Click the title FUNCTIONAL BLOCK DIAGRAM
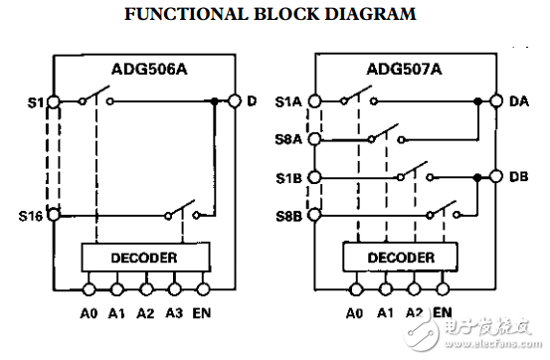tap(269, 14)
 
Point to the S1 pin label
tap(35, 100)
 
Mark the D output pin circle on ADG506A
tap(236, 100)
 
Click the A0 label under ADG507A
tap(355, 312)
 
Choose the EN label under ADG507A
tap(443, 312)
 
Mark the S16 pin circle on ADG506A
tap(53, 214)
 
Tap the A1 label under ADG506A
tap(115, 312)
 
